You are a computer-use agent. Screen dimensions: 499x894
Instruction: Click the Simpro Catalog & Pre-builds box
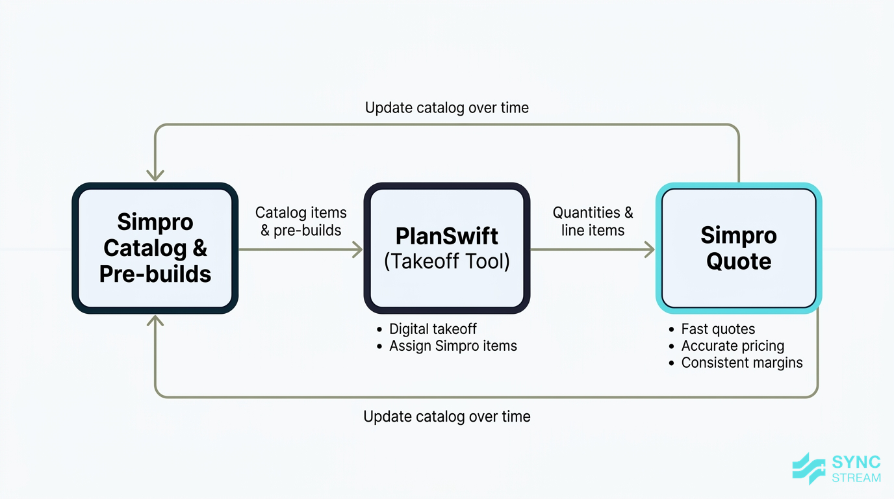coord(155,248)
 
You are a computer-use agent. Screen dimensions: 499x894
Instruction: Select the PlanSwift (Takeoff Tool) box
coord(447,248)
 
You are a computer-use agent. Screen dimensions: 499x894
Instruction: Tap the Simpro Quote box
coord(739,248)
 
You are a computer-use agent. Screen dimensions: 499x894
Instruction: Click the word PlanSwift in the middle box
coord(447,235)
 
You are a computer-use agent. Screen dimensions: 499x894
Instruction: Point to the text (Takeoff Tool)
coord(447,261)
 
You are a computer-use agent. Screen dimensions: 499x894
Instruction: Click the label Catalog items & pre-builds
coord(301,221)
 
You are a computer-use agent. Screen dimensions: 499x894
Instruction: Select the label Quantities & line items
coord(593,221)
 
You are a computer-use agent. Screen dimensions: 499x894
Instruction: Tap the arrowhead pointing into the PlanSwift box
coord(357,249)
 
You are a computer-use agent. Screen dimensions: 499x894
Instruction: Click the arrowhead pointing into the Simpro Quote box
coord(649,249)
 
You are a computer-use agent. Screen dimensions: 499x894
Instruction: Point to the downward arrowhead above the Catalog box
coord(155,175)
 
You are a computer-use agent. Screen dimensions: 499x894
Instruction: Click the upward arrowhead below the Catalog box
coord(155,320)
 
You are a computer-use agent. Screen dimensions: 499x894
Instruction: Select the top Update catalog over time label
coord(447,108)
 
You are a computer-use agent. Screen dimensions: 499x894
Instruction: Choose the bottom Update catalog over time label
coord(447,416)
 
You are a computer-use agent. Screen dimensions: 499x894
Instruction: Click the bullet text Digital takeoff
coord(433,329)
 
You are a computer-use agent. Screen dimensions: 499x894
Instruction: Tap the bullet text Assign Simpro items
coord(453,346)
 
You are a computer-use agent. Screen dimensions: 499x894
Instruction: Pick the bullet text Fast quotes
coord(718,329)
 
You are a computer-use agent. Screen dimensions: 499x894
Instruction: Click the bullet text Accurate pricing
coord(732,346)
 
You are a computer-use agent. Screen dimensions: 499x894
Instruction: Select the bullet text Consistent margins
coord(741,363)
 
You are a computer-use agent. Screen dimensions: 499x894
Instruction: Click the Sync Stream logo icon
coord(808,468)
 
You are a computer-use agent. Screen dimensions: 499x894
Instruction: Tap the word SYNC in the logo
coord(856,463)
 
